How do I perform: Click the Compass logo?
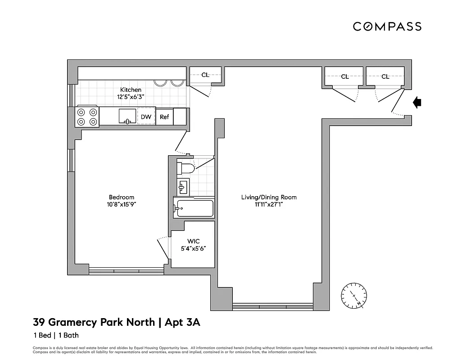click(x=387, y=27)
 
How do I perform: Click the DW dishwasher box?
click(x=146, y=117)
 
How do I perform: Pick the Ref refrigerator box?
click(x=164, y=117)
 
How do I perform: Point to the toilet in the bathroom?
click(x=185, y=169)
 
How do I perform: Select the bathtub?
click(x=194, y=208)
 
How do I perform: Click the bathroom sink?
click(x=183, y=186)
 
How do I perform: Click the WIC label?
click(x=193, y=242)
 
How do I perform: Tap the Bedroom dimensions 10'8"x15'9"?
click(x=122, y=204)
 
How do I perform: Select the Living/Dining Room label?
click(x=269, y=197)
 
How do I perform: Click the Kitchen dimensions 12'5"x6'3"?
click(x=131, y=97)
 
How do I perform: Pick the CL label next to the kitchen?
click(x=205, y=75)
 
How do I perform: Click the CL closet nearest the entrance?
click(x=385, y=76)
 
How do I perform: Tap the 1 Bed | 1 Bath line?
click(x=56, y=335)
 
